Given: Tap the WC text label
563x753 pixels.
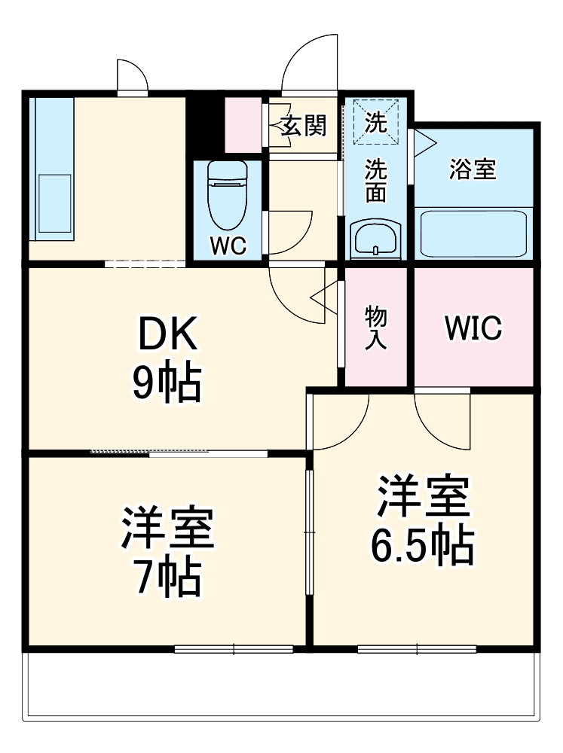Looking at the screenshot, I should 228,247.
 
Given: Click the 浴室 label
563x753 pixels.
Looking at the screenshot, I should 473,169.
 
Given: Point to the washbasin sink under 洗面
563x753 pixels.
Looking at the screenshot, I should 375,239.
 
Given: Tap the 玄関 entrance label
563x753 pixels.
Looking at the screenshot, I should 304,126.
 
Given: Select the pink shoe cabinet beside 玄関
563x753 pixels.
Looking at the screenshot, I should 243,123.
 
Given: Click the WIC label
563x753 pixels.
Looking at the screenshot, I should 473,328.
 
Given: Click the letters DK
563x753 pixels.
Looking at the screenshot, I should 167,335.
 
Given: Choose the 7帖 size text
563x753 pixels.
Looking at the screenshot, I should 167,578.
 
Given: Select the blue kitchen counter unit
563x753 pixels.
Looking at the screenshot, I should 52,169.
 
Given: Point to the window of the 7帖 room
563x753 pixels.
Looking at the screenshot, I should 234,648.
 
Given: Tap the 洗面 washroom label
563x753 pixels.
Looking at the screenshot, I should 375,181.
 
